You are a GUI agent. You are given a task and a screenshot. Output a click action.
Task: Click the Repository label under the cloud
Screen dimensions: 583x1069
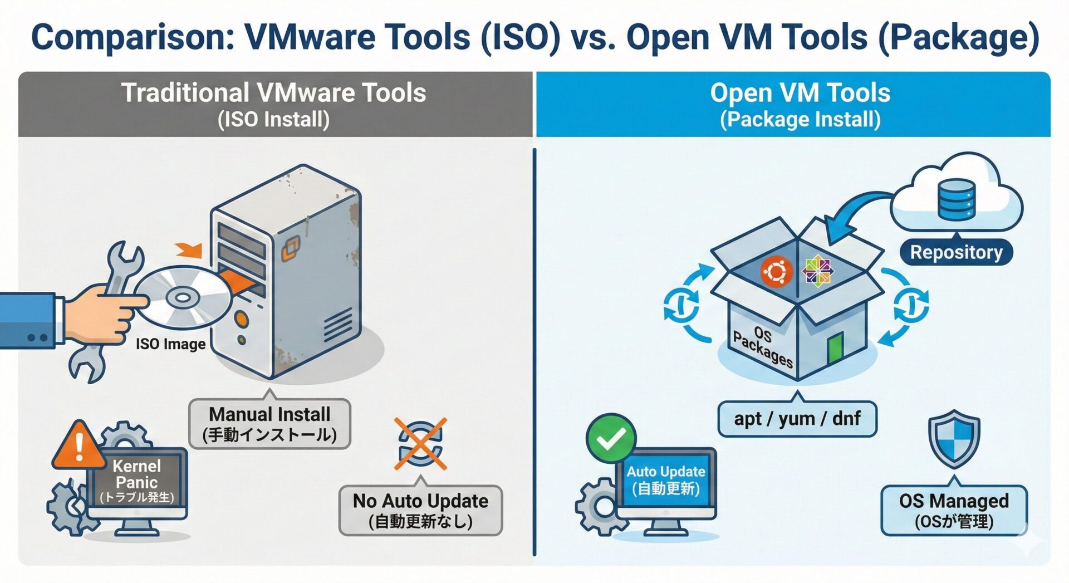pos(956,252)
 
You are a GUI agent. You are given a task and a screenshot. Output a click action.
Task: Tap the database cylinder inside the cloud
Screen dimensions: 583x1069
pos(956,198)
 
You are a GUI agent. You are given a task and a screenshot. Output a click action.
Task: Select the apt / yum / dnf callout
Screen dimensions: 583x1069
pos(797,418)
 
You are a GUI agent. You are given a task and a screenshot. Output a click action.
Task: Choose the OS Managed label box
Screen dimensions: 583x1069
pos(954,510)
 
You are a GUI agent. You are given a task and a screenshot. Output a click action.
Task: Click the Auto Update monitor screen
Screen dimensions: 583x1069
pos(666,481)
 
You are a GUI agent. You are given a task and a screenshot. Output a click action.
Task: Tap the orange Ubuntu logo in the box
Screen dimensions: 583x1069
pos(776,272)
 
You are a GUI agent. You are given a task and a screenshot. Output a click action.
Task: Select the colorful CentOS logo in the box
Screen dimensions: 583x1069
pos(817,271)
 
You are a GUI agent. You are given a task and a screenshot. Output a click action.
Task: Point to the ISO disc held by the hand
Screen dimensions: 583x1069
pos(183,298)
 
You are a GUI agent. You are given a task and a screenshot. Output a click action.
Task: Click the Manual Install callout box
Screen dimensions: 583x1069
pos(269,424)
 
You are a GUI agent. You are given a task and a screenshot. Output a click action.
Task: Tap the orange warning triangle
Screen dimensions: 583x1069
pos(79,446)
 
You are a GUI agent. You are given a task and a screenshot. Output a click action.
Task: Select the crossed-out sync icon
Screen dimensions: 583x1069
pos(421,444)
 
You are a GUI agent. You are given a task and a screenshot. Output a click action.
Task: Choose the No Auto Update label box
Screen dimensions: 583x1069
pos(420,510)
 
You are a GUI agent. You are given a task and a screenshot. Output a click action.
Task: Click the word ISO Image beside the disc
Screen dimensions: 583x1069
pos(170,344)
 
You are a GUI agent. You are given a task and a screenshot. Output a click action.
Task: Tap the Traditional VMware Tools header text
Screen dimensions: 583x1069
pos(274,94)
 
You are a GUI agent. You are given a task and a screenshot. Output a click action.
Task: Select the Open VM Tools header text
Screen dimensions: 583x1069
pos(800,94)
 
